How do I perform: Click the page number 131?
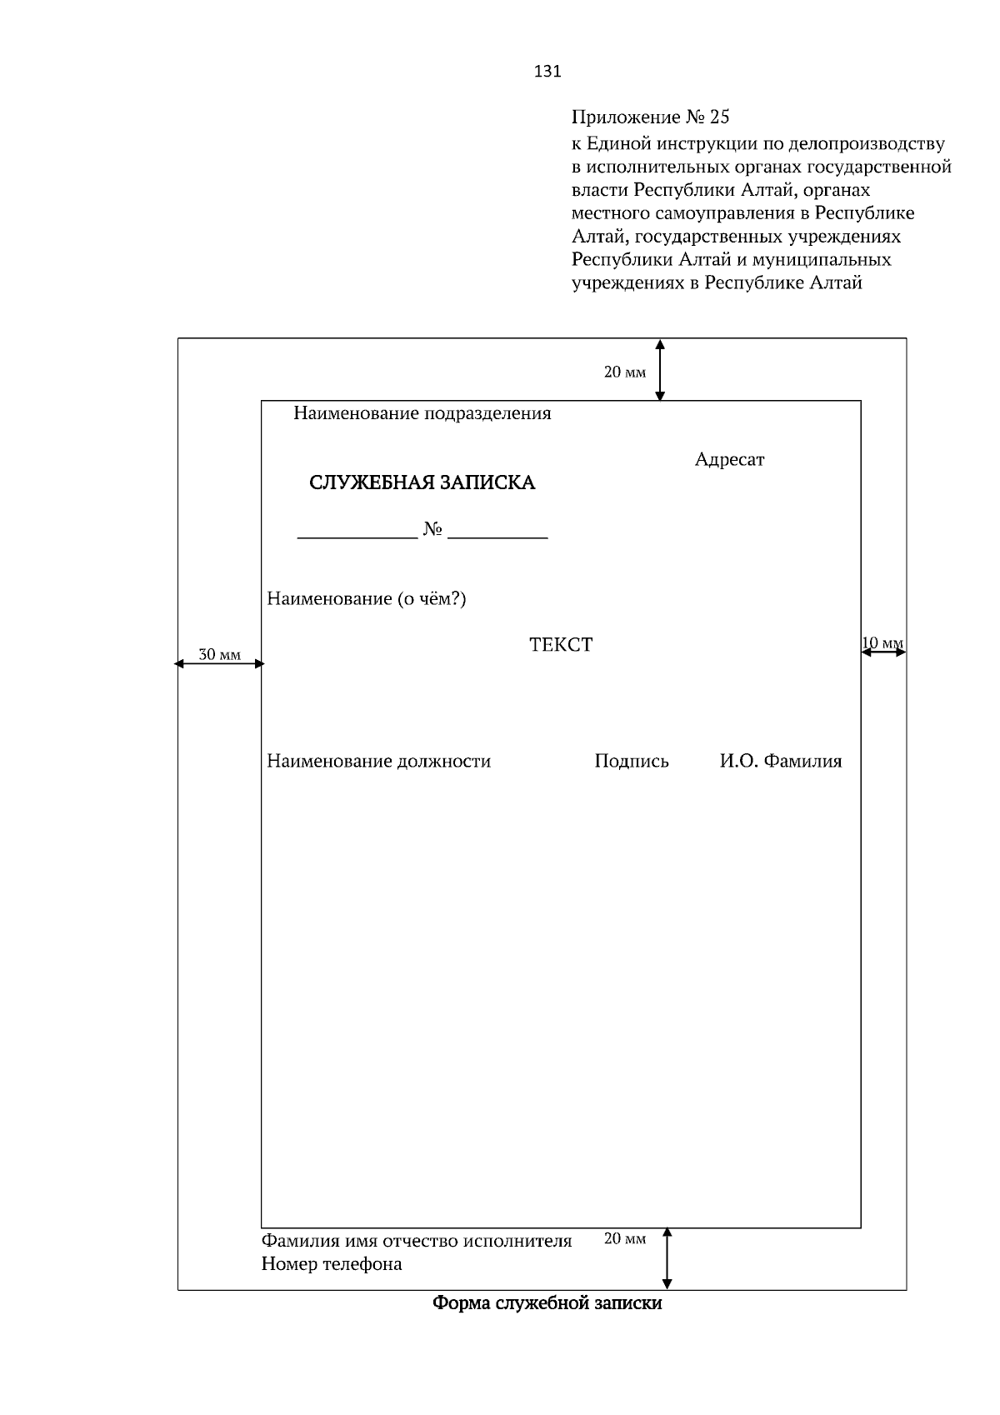547,72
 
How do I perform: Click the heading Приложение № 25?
650,116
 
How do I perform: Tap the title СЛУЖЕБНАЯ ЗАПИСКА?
422,482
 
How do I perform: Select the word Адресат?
729,460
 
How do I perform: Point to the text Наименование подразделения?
422,413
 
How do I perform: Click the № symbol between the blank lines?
432,529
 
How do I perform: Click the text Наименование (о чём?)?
366,598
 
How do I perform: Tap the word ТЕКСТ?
561,645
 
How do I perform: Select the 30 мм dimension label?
219,655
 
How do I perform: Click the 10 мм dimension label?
882,642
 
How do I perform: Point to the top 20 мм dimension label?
624,372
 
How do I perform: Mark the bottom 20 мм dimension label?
624,1239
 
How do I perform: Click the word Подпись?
632,761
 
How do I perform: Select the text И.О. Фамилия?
781,761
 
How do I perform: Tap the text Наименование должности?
378,761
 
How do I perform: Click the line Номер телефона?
332,1264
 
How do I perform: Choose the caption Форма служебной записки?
547,1303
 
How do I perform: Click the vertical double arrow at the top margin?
660,370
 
